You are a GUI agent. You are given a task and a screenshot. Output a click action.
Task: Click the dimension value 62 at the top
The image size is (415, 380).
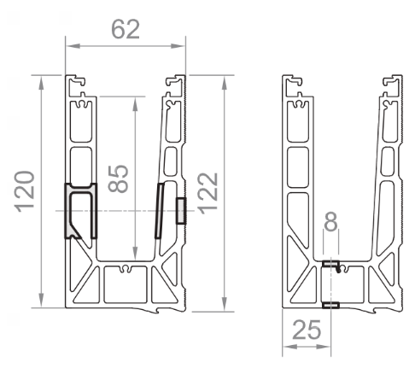tap(126, 29)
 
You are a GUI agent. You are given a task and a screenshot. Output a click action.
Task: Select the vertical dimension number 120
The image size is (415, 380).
tap(25, 191)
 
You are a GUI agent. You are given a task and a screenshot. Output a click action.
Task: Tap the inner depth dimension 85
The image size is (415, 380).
tap(119, 178)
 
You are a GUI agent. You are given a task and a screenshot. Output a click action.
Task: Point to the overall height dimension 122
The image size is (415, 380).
tap(208, 193)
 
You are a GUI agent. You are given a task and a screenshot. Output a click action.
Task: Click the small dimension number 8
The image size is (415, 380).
tap(330, 221)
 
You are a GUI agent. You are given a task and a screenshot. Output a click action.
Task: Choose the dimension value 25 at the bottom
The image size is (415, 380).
tap(307, 330)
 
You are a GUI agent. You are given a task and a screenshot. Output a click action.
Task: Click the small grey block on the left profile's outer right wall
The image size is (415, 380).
tap(181, 211)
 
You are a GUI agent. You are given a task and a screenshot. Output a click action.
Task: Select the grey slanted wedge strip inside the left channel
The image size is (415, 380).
tap(160, 211)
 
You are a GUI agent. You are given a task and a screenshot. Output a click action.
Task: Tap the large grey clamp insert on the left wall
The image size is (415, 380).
tap(80, 211)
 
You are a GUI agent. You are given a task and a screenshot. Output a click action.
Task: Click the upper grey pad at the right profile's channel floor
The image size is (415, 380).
tap(330, 264)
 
